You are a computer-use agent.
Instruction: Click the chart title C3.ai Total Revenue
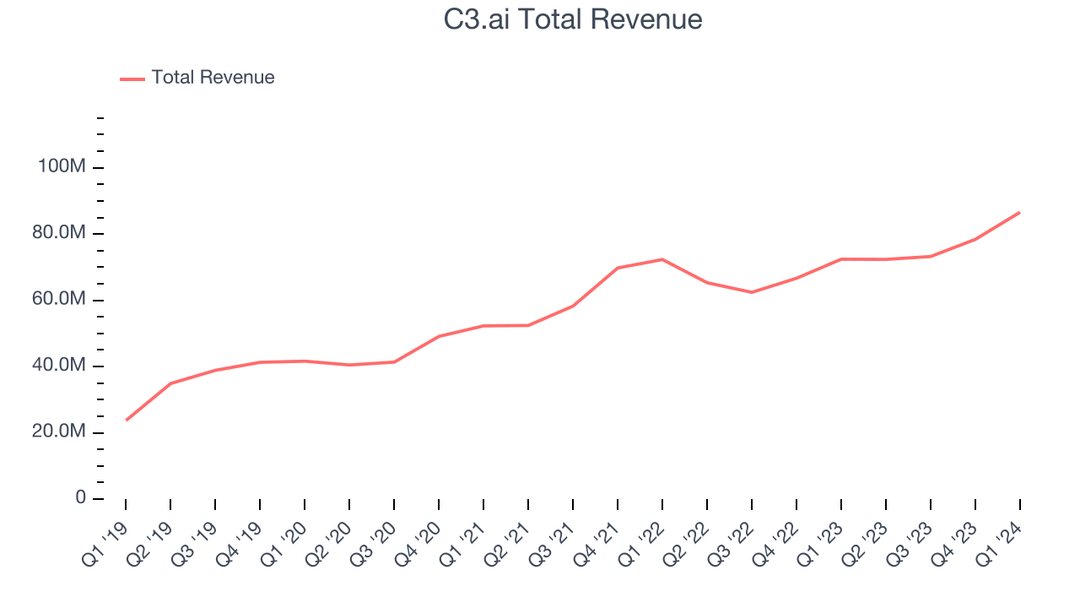[x=573, y=19]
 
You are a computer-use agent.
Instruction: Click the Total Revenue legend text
[x=213, y=78]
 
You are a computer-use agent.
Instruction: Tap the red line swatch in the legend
[x=132, y=79]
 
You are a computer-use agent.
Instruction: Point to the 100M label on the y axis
[x=62, y=167]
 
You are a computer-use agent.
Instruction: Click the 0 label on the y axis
[x=80, y=497]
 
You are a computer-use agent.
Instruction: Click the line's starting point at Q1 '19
[x=127, y=420]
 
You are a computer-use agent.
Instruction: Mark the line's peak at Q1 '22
[x=662, y=259]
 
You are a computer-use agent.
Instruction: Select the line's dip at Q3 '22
[x=752, y=292]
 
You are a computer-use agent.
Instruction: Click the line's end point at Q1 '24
[x=1019, y=213]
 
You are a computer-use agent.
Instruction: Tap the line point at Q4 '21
[x=618, y=268]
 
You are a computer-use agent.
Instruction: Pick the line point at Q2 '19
[x=171, y=383]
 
